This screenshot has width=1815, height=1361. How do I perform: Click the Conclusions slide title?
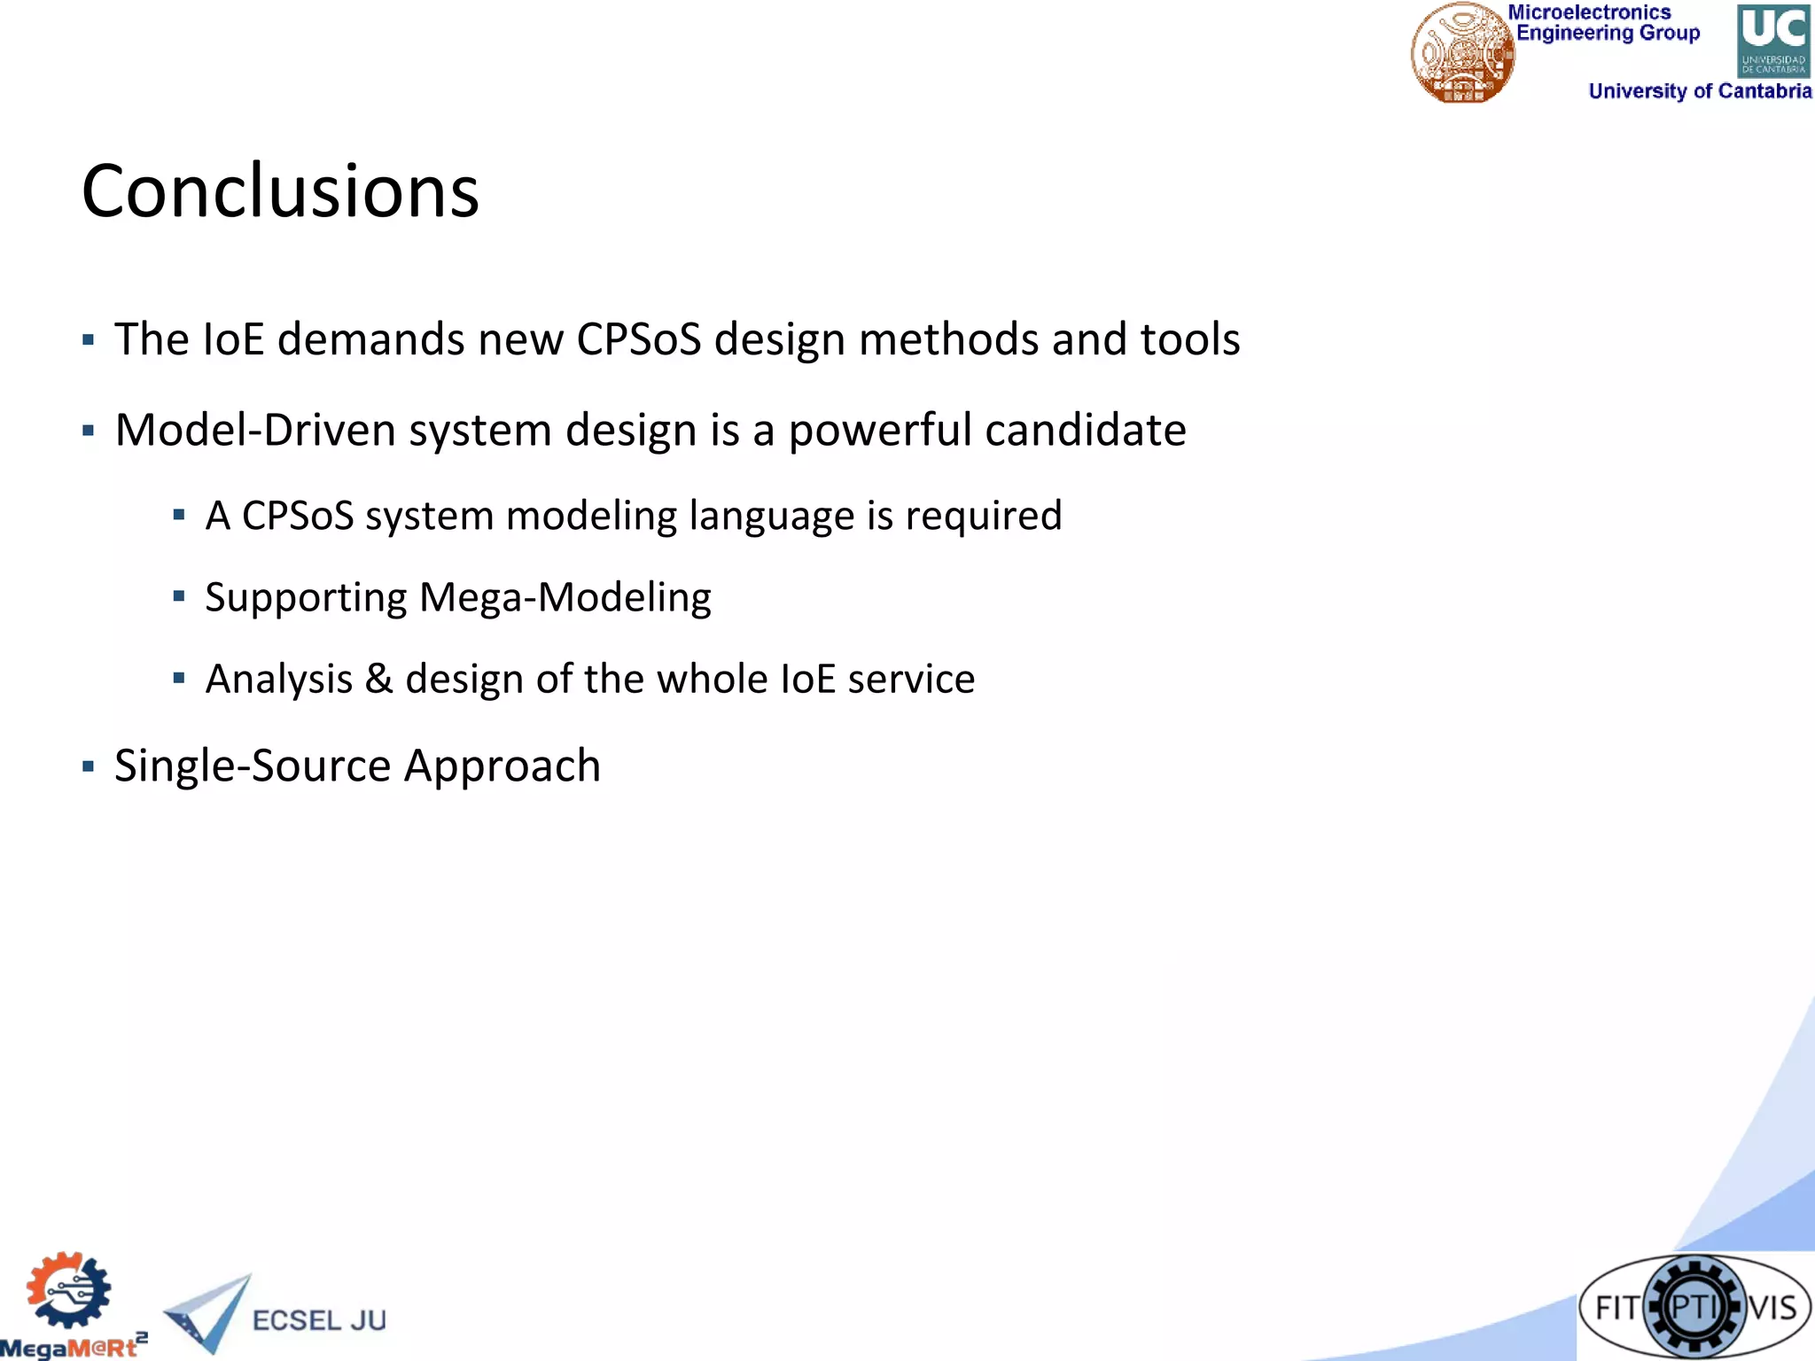pos(280,191)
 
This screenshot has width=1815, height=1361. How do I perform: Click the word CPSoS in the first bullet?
pos(638,339)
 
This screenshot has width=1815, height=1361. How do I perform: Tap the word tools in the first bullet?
pos(1189,339)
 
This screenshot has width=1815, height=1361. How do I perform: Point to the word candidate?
pos(1085,431)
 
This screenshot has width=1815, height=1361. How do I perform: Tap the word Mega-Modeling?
pos(565,598)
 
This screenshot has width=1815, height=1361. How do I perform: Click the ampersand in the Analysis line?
pos(378,680)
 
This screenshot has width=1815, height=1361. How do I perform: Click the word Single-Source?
pos(253,766)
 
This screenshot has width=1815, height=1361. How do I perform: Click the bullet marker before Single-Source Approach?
pos(88,766)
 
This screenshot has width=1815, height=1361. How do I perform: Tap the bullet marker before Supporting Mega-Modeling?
pos(179,596)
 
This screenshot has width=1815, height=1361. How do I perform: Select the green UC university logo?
pos(1772,41)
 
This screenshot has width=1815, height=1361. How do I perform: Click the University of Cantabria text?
pos(1699,91)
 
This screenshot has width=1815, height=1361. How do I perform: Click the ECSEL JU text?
pos(319,1320)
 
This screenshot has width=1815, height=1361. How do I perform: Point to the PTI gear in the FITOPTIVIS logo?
pos(1694,1307)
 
